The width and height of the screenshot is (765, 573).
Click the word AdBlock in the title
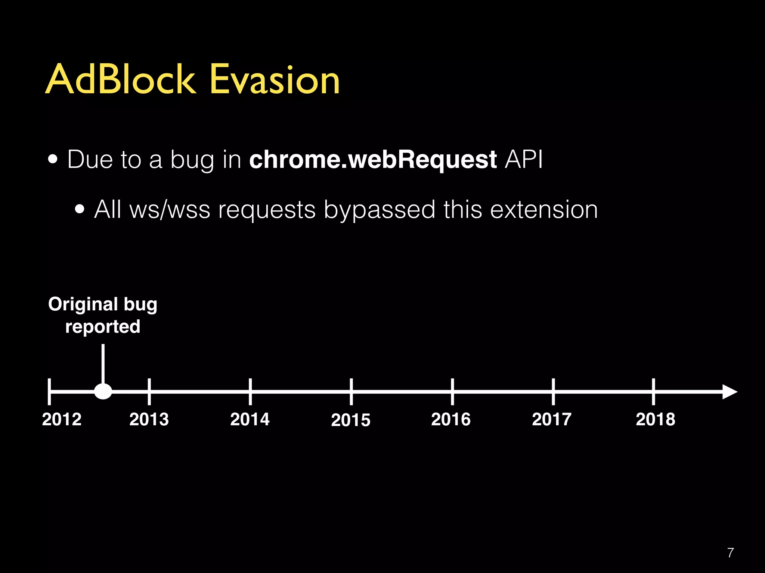pyautogui.click(x=120, y=79)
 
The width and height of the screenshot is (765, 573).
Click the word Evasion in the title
pyautogui.click(x=275, y=79)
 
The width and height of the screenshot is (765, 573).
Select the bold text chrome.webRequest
pyautogui.click(x=372, y=160)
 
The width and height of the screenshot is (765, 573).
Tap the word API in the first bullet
pyautogui.click(x=523, y=160)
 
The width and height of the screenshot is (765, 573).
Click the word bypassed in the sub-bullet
pyautogui.click(x=379, y=210)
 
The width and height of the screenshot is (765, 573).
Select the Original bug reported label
pyautogui.click(x=103, y=315)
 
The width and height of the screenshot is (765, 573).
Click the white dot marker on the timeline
pyautogui.click(x=103, y=391)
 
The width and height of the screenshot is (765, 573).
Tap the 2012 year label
pyautogui.click(x=62, y=419)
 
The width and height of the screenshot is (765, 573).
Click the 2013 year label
pyautogui.click(x=149, y=419)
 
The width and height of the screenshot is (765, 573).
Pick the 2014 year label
pyautogui.click(x=250, y=419)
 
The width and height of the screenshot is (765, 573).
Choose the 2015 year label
pyautogui.click(x=351, y=420)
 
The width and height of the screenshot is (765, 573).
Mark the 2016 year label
pyautogui.click(x=451, y=419)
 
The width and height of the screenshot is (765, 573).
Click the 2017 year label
pyautogui.click(x=552, y=419)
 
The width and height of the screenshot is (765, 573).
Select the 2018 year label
pyautogui.click(x=656, y=419)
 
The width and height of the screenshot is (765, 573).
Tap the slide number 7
pyautogui.click(x=731, y=552)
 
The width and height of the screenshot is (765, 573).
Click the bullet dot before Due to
pyautogui.click(x=53, y=160)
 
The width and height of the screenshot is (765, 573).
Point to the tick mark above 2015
pyautogui.click(x=351, y=391)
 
